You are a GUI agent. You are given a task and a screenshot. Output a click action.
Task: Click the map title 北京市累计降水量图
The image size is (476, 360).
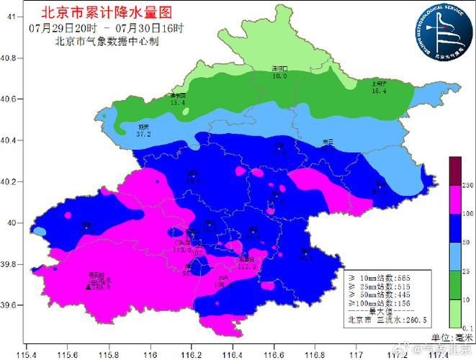point(107,12)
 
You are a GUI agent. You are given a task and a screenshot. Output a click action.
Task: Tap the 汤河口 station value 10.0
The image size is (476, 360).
point(279,76)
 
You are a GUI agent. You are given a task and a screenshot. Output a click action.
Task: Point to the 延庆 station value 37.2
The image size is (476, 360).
point(143,134)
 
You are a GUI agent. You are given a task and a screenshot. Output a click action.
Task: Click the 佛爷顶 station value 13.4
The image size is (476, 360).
point(177,103)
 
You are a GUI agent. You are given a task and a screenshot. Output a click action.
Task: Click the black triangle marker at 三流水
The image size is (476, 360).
point(89,287)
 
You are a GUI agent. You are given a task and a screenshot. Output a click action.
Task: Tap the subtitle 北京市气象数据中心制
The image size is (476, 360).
point(107,41)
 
